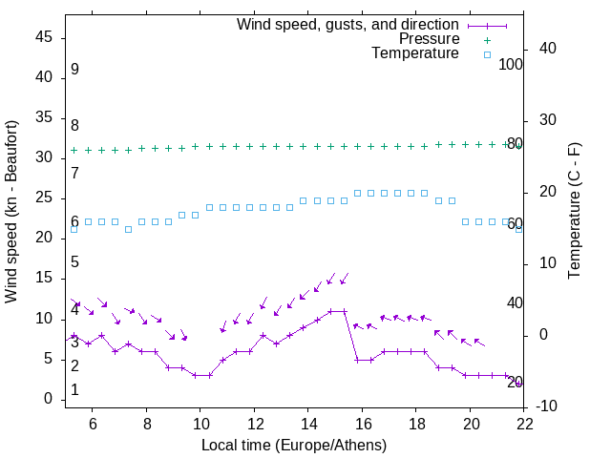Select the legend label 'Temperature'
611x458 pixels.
(x=415, y=53)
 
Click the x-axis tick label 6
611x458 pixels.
(x=93, y=424)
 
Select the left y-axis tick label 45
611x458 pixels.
(x=44, y=37)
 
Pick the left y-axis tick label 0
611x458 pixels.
(x=49, y=399)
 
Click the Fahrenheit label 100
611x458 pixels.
(x=512, y=65)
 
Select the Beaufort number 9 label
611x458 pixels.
(x=74, y=70)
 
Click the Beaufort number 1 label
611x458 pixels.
(x=74, y=390)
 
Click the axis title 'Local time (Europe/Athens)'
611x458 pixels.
(x=295, y=445)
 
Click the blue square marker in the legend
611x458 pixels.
(x=487, y=54)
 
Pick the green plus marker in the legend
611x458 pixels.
(x=487, y=40)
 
